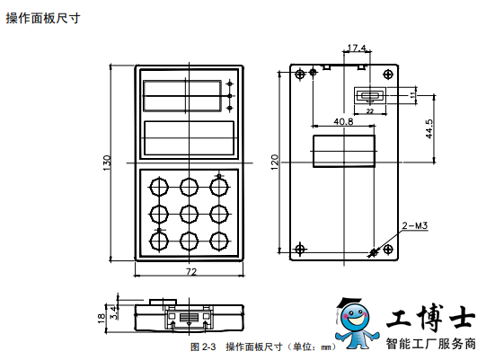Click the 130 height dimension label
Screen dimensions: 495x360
pyautogui.click(x=107, y=162)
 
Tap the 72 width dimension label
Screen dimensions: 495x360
pyautogui.click(x=191, y=272)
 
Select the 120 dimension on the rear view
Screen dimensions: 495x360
pyautogui.click(x=275, y=162)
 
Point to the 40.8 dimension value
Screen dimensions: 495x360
pyautogui.click(x=343, y=121)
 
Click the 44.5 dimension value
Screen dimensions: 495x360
pyautogui.click(x=429, y=128)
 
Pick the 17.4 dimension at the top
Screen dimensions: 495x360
pyautogui.click(x=357, y=48)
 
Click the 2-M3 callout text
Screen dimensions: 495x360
pyautogui.click(x=415, y=225)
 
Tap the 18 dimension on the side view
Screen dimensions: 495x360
pyautogui.click(x=102, y=318)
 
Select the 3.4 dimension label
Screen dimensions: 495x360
pyautogui.click(x=114, y=312)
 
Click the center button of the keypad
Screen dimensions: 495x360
pyautogui.click(x=189, y=215)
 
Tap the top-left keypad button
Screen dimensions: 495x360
pyautogui.click(x=158, y=187)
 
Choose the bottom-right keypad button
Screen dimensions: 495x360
pyautogui.click(x=219, y=241)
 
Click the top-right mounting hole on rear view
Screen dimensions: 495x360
pyautogui.click(x=388, y=75)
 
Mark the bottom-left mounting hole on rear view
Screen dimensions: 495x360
pyautogui.click(x=300, y=250)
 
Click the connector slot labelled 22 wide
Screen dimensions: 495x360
pyautogui.click(x=370, y=95)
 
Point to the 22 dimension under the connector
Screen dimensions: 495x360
pyautogui.click(x=369, y=111)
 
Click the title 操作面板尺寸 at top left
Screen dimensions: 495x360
pyautogui.click(x=43, y=18)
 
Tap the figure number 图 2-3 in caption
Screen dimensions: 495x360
pyautogui.click(x=203, y=347)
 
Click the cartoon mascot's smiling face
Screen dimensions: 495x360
pyautogui.click(x=356, y=317)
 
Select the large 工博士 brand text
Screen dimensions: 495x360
pyautogui.click(x=430, y=317)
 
